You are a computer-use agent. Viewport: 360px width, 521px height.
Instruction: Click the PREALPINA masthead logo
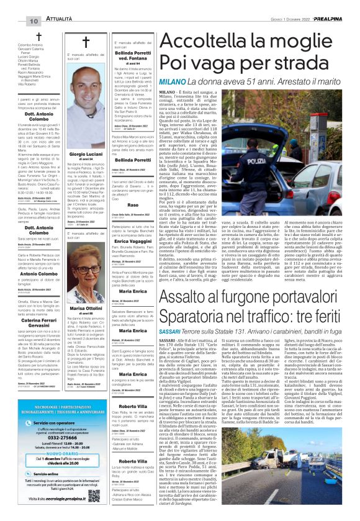click(x=336, y=4)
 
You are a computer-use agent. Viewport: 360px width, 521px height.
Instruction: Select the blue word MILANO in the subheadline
click(x=174, y=81)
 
